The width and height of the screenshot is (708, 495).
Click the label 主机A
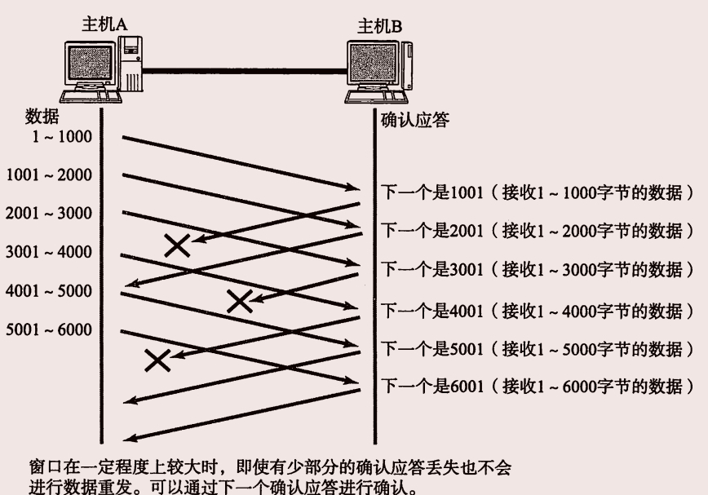[x=104, y=24]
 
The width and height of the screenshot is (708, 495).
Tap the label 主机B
[x=380, y=25]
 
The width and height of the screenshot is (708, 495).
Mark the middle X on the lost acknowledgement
[x=239, y=301]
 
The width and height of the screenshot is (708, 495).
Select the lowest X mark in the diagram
[x=157, y=359]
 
